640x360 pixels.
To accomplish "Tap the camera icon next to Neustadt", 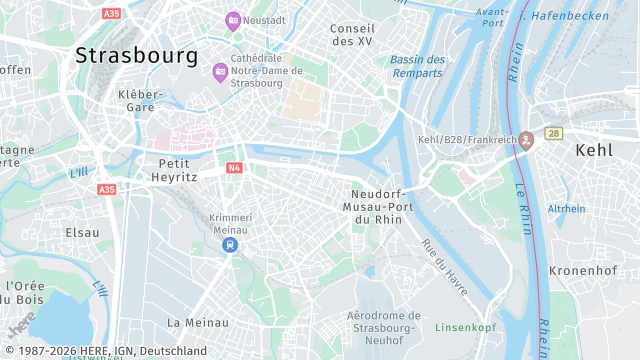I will pyautogui.click(x=233, y=20).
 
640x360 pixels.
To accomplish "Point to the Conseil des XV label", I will pyautogui.click(x=352, y=35).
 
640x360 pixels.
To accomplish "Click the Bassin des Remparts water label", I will pyautogui.click(x=417, y=66).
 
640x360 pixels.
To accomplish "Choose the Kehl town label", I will pyautogui.click(x=595, y=149).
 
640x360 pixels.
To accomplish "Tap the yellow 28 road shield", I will pyautogui.click(x=554, y=133).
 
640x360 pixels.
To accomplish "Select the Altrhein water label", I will pyautogui.click(x=566, y=209).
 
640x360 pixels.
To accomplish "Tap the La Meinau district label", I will pyautogui.click(x=198, y=322).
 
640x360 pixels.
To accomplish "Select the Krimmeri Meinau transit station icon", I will pyautogui.click(x=231, y=244).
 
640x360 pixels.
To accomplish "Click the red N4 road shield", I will pyautogui.click(x=234, y=168).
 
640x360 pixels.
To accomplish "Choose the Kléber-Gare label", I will pyautogui.click(x=139, y=100).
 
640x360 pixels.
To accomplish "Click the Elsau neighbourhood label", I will pyautogui.click(x=82, y=232).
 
